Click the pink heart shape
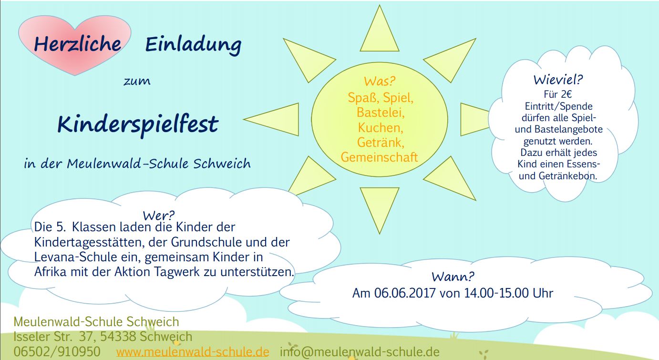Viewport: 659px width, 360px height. pos(75,44)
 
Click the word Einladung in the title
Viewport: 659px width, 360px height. pos(193,45)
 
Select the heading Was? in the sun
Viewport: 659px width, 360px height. pos(380,81)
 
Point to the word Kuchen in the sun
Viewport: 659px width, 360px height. pos(381,128)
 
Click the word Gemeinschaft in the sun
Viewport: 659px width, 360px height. pos(379,157)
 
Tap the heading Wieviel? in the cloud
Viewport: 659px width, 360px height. pos(558,80)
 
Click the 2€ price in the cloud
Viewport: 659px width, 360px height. pos(566,94)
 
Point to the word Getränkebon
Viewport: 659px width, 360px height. pos(568,176)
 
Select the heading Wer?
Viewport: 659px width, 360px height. pos(159,216)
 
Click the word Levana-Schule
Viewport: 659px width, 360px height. pos(76,257)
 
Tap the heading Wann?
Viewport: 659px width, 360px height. pos(453,277)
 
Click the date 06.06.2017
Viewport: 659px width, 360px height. pos(405,293)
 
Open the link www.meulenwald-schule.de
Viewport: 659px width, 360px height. pos(193,352)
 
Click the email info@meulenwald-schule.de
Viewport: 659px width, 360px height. pos(360,352)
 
